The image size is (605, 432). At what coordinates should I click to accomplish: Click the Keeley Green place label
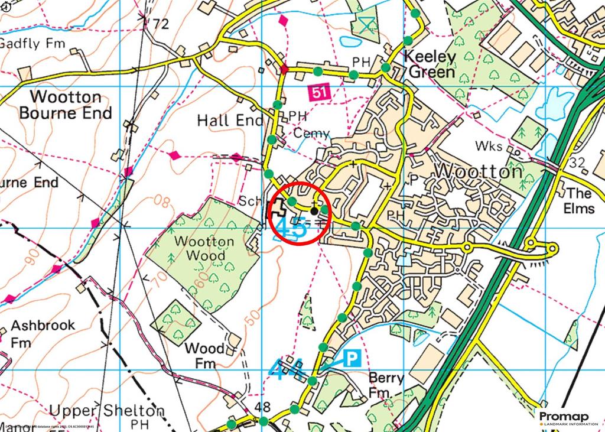430,64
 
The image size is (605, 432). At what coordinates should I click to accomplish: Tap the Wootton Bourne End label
66,105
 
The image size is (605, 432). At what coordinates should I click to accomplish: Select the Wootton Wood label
203,248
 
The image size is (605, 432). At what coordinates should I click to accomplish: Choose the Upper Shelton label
106,410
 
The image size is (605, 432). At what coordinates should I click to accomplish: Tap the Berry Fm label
386,385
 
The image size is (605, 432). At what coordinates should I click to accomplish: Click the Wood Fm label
204,355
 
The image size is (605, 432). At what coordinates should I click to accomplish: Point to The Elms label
578,201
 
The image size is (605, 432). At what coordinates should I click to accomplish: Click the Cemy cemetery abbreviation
311,134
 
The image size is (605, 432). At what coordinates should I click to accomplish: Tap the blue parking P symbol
353,358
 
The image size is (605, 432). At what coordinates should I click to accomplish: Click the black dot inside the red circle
314,210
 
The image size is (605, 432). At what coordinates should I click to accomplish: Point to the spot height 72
160,24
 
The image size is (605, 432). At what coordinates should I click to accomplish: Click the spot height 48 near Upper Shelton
264,407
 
